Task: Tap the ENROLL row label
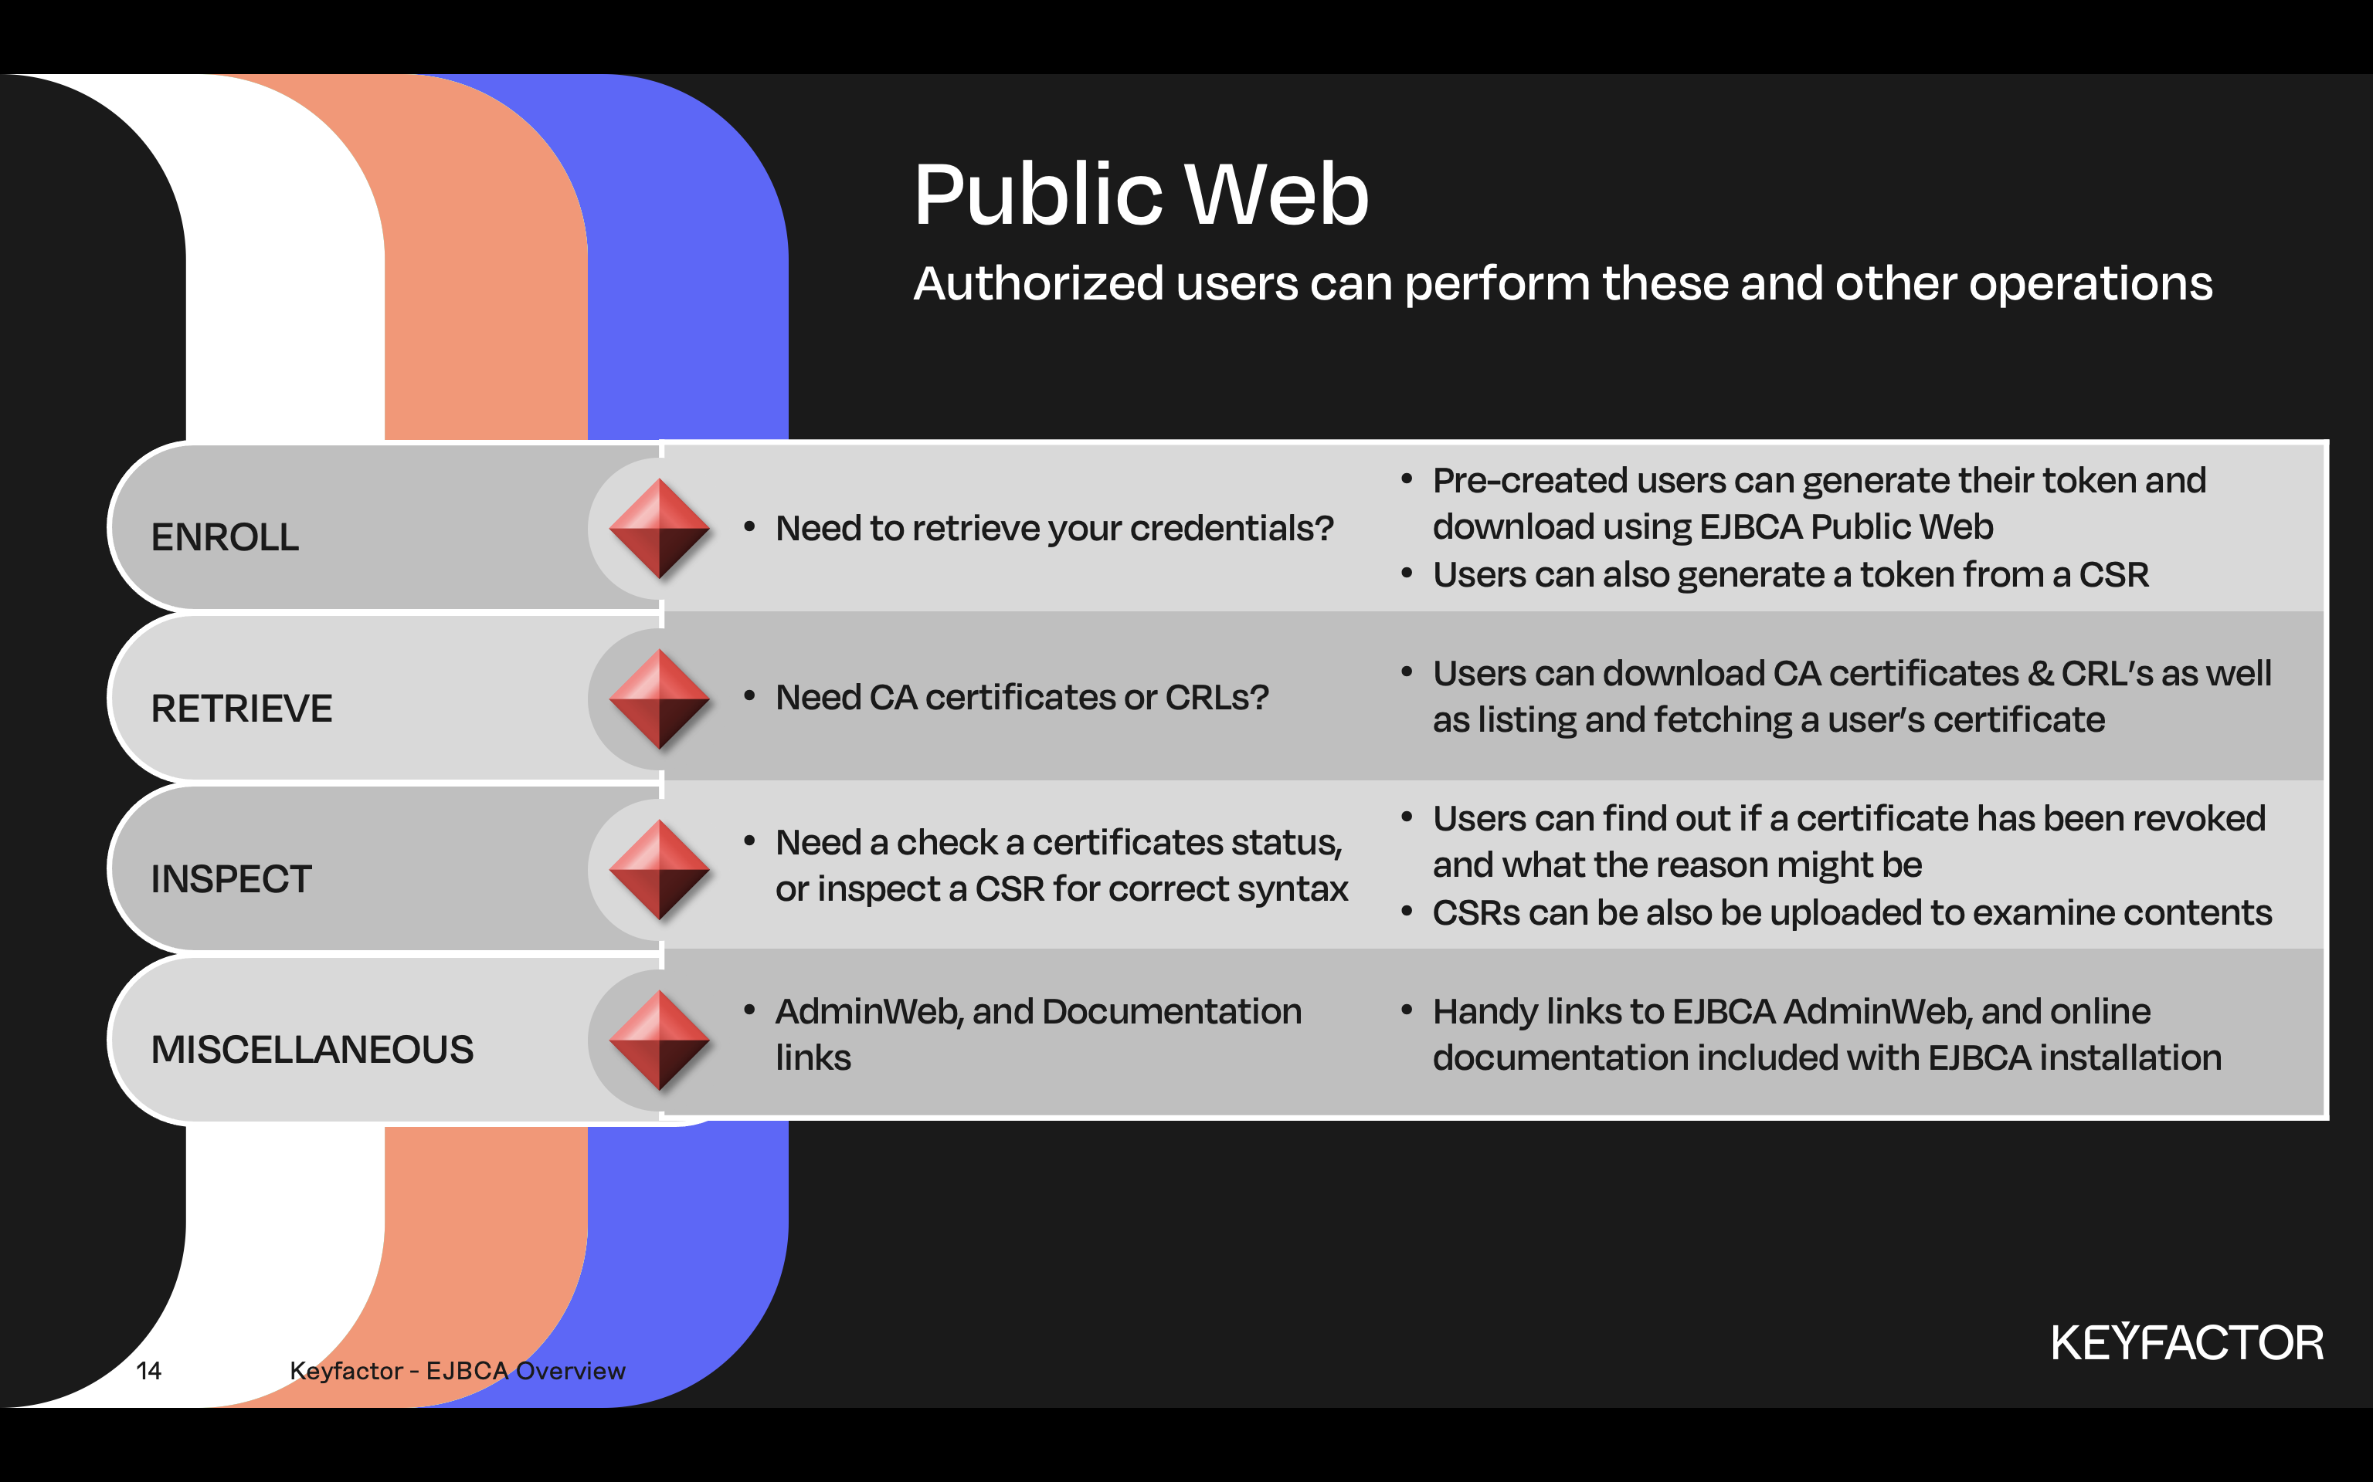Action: point(225,537)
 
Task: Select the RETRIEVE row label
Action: point(241,709)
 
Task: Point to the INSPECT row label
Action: point(230,879)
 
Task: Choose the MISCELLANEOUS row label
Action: point(312,1050)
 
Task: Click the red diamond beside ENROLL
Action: point(659,528)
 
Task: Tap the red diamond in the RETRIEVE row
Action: point(659,699)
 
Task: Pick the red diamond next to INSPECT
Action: point(659,869)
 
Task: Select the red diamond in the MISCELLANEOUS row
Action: point(659,1040)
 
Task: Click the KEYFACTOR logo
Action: point(2187,1343)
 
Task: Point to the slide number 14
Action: point(148,1370)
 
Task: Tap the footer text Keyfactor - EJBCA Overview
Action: point(457,1370)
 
